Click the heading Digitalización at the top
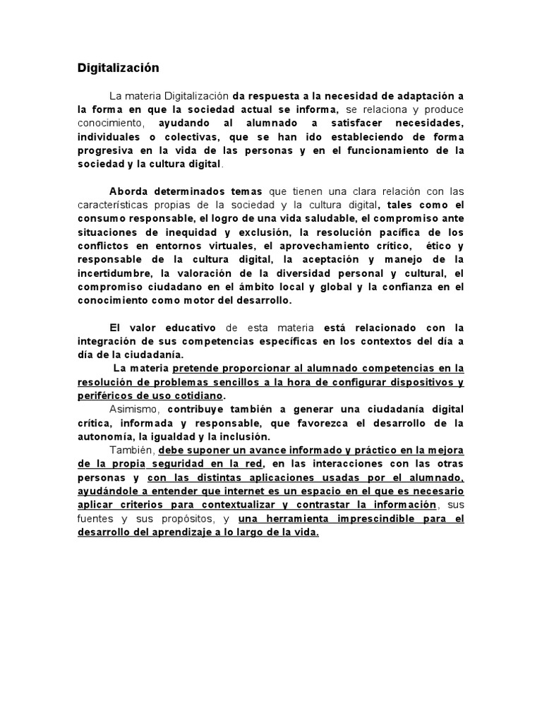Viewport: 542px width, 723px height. [118, 68]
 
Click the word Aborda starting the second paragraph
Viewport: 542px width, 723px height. [130, 191]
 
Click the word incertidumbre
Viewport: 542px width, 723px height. [115, 273]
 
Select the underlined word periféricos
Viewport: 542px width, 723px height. [109, 395]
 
